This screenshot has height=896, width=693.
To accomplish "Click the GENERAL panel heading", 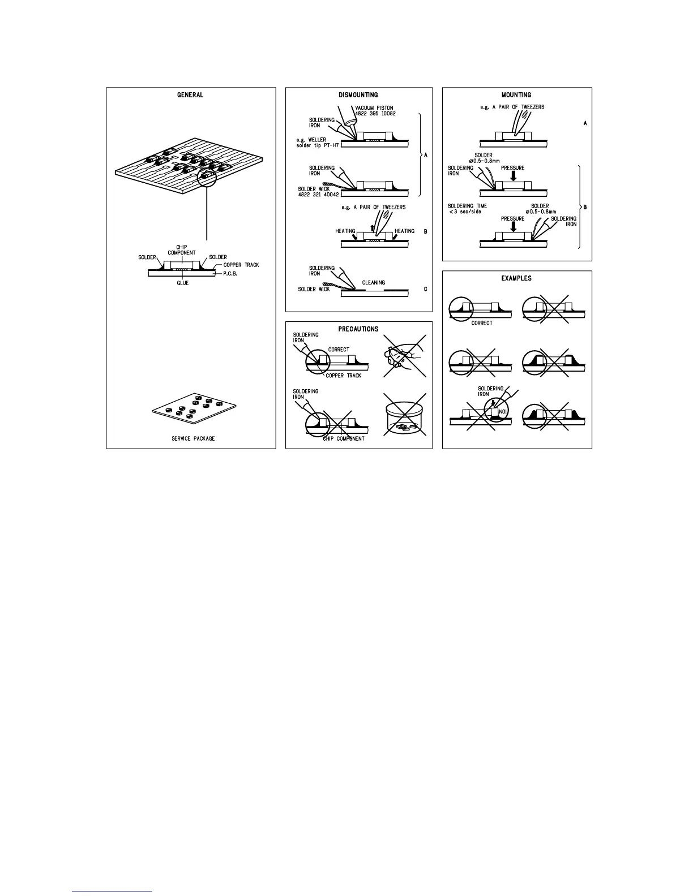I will (190, 95).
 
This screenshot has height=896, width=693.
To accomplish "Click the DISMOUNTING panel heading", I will (358, 95).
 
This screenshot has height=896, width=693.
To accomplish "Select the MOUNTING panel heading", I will (516, 95).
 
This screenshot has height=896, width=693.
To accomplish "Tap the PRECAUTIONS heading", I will (358, 329).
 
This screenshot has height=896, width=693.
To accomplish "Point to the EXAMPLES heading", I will (516, 278).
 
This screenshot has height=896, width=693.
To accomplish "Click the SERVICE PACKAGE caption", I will (193, 438).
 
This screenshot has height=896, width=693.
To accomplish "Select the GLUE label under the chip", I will (182, 283).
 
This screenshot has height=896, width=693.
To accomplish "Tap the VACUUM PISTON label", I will (374, 108).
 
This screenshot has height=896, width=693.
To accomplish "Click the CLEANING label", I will (373, 282).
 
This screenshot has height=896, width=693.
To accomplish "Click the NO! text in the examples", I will (502, 412).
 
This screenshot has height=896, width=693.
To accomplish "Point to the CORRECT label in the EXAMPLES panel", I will (482, 323).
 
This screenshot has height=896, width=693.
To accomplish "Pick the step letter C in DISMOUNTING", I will (425, 289).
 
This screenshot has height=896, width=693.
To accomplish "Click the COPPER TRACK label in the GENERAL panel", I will (241, 265).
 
